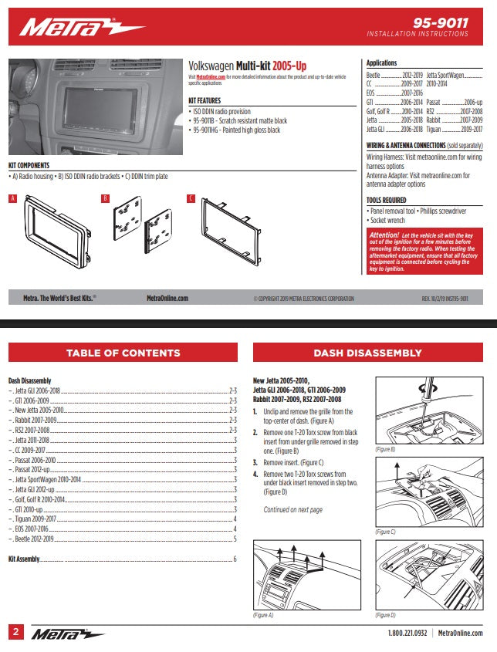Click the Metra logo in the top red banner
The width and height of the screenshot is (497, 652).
(x=82, y=28)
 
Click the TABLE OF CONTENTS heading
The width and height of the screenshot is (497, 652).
(x=123, y=353)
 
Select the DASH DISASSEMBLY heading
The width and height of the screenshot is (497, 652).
(x=367, y=353)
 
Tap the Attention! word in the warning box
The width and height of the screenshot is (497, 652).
(x=384, y=234)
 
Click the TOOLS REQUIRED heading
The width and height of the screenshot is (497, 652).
(x=386, y=200)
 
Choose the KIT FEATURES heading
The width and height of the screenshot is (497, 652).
(x=205, y=100)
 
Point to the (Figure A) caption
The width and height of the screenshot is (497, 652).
(x=264, y=615)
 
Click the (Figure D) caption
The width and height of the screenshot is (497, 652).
(x=386, y=615)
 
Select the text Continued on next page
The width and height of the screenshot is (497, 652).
(x=293, y=510)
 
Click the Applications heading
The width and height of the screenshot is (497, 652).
(x=382, y=63)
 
